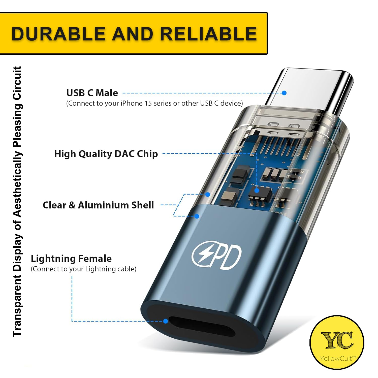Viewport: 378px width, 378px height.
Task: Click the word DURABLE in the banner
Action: pos(58,34)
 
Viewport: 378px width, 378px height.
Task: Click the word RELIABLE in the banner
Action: pos(208,34)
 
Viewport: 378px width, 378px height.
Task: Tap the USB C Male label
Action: pos(92,93)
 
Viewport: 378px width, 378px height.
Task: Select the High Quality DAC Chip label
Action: pos(106,154)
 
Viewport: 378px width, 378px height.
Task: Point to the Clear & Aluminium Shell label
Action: pos(98,205)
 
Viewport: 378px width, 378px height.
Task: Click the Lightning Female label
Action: pos(71,259)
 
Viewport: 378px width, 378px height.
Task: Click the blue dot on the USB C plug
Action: pos(284,93)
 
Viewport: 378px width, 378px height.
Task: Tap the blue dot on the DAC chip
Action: pos(257,191)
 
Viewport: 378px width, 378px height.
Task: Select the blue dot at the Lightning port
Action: pos(166,321)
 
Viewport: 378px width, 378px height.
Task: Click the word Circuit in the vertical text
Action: pos(17,83)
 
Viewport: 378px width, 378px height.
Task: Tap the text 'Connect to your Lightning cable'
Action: pos(83,269)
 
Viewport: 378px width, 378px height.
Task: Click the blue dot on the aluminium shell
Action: pos(197,216)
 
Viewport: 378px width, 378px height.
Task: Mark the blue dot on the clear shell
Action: pos(208,194)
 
